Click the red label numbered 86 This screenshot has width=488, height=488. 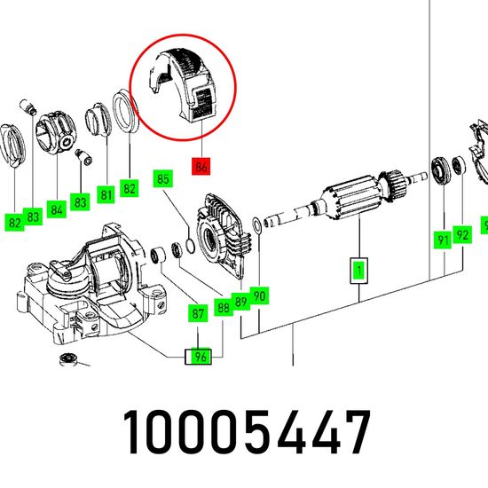[201, 167]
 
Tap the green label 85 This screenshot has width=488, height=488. [162, 178]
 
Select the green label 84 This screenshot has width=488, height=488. [57, 209]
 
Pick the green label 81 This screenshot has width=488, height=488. [106, 195]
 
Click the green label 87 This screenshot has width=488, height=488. [198, 313]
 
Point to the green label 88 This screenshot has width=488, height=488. [224, 308]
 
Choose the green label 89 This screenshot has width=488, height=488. [240, 302]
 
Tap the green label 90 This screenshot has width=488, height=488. [259, 295]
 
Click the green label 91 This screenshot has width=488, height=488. [443, 240]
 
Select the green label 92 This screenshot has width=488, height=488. [462, 234]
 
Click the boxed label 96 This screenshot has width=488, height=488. [198, 357]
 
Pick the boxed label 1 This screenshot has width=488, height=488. [359, 271]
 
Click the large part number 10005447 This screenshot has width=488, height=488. [247, 432]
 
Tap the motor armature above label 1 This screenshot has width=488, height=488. [345, 198]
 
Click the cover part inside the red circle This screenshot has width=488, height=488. [184, 84]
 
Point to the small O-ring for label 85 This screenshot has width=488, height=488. [190, 245]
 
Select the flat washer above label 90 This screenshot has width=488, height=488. [257, 225]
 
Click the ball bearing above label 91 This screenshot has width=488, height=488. [441, 171]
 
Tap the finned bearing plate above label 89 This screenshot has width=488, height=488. [222, 238]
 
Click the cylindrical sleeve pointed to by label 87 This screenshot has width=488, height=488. [159, 255]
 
